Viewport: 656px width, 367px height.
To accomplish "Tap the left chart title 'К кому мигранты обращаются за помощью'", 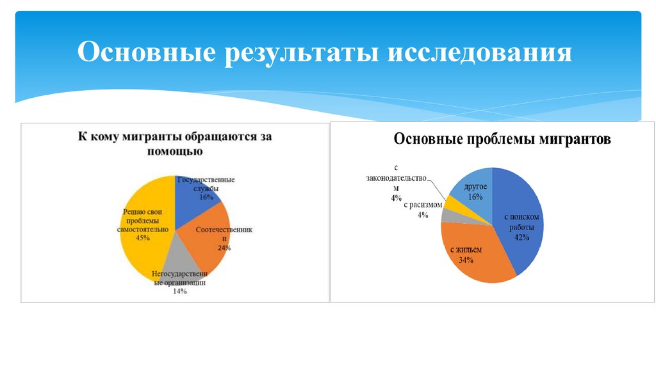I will pyautogui.click(x=175, y=143).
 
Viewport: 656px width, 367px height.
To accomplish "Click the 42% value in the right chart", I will pyautogui.click(x=520, y=237).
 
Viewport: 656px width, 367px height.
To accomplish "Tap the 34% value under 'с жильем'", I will pyautogui.click(x=466, y=260).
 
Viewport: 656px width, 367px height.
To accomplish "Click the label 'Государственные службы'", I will pyautogui.click(x=206, y=183).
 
